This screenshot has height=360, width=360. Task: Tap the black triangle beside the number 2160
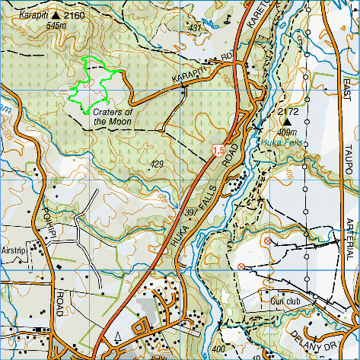tap(56, 14)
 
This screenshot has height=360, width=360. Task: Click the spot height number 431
tap(194, 28)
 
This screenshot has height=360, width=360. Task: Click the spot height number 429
tap(158, 164)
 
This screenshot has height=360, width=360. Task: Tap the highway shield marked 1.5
tap(219, 151)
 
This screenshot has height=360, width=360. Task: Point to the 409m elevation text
tap(287, 131)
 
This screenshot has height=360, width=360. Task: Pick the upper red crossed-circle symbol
tap(267, 241)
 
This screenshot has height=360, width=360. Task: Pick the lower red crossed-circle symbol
tap(241, 266)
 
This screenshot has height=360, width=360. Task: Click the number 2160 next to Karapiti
tap(74, 14)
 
